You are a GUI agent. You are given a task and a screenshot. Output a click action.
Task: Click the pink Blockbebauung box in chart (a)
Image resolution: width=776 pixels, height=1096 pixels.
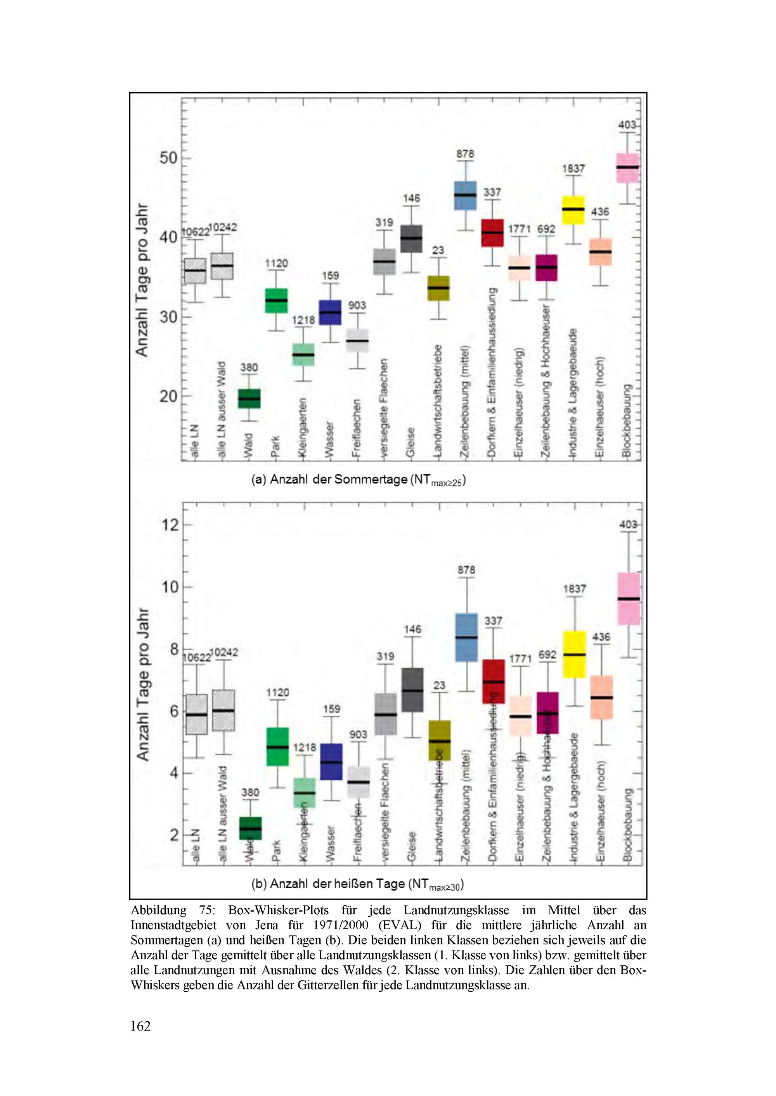pyautogui.click(x=627, y=168)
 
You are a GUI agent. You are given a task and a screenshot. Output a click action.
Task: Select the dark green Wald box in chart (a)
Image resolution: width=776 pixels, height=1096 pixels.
pyautogui.click(x=249, y=399)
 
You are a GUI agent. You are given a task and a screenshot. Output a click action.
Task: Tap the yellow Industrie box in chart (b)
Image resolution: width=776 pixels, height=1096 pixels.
pyautogui.click(x=574, y=654)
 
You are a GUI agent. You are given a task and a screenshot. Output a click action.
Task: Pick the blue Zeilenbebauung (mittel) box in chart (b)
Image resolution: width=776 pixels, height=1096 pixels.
pyautogui.click(x=466, y=637)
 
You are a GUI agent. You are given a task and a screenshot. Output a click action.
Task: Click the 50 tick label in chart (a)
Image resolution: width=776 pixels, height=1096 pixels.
pyautogui.click(x=168, y=158)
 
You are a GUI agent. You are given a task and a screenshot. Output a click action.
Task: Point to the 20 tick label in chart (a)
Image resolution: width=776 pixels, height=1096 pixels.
pyautogui.click(x=168, y=396)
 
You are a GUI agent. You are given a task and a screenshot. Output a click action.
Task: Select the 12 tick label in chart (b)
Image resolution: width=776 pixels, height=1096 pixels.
pyautogui.click(x=170, y=525)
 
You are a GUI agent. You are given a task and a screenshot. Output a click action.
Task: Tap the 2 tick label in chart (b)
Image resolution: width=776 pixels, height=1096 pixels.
pyautogui.click(x=174, y=835)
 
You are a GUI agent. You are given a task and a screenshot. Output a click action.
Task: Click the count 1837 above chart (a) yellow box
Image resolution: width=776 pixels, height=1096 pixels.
pyautogui.click(x=573, y=169)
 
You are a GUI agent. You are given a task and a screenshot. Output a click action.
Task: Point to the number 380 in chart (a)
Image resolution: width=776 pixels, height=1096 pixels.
pyautogui.click(x=249, y=368)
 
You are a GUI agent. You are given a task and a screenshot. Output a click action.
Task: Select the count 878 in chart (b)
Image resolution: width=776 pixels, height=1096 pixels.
pyautogui.click(x=466, y=570)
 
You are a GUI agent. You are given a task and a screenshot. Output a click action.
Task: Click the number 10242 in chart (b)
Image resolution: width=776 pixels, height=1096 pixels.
pyautogui.click(x=223, y=652)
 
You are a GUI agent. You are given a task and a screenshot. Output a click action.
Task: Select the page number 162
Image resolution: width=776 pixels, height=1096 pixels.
pyautogui.click(x=140, y=1026)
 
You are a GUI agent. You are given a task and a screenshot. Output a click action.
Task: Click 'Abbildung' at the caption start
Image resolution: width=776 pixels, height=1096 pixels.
pyautogui.click(x=158, y=911)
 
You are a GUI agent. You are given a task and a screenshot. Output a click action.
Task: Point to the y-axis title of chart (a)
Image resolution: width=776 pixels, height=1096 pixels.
pyautogui.click(x=142, y=280)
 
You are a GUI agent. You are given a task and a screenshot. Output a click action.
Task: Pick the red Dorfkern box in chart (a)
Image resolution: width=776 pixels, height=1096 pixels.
pyautogui.click(x=492, y=233)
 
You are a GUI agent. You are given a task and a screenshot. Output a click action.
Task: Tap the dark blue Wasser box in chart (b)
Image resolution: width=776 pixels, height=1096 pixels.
pyautogui.click(x=331, y=762)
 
